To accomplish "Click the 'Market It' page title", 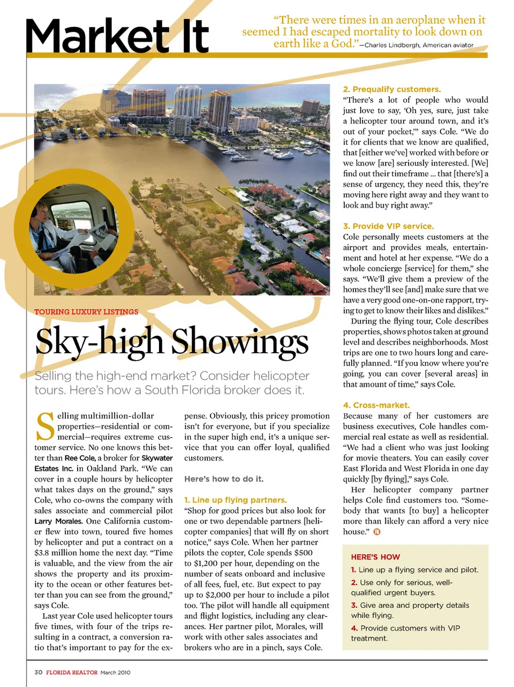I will tap(117, 36).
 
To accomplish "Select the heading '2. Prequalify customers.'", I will tap(392, 89).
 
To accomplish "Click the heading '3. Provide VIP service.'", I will tap(388, 226).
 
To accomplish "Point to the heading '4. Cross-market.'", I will tap(376, 405).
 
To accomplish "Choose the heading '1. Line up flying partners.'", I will tap(236, 500).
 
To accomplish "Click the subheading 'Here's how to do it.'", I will tap(224, 479).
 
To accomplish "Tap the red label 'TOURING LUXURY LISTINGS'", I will tap(86, 312).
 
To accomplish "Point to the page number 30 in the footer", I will tap(39, 672).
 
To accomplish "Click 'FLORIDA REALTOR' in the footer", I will tap(72, 673).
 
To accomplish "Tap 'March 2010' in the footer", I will tap(115, 673).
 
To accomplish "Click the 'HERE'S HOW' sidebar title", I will tap(375, 557).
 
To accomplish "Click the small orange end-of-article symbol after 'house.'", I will tap(377, 532).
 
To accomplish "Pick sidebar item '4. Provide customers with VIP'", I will tap(405, 628).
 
